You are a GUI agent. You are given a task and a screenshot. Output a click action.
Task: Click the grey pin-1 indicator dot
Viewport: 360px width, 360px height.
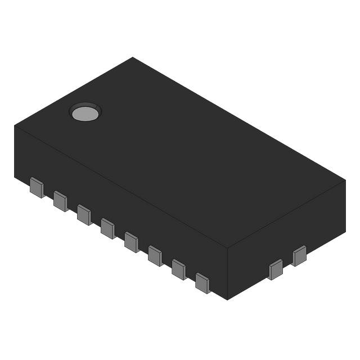[x=85, y=114]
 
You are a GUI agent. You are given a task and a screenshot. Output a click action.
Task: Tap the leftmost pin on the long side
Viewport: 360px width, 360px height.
[x=37, y=187]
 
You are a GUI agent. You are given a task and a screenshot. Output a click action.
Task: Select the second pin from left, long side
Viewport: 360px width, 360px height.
[x=60, y=201]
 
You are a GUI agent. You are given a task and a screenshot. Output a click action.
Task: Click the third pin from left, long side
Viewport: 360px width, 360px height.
[x=84, y=214]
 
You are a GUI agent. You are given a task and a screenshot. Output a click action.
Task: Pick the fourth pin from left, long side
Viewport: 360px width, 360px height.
[x=107, y=228]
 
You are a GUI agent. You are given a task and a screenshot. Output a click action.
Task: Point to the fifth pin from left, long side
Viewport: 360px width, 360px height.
[x=131, y=242]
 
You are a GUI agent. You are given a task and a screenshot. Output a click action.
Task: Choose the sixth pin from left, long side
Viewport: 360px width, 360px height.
[x=155, y=255]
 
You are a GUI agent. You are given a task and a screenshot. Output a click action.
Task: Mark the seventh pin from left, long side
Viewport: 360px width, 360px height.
[x=178, y=269]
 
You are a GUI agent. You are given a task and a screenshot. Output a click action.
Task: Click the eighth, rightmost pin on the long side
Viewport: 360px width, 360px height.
[x=202, y=282]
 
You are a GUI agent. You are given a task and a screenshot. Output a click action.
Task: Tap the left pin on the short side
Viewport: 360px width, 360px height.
[x=276, y=269]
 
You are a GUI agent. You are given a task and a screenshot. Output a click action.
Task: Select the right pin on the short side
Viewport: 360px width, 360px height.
[x=299, y=255]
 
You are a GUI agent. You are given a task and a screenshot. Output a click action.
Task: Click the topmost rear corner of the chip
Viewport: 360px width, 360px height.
[x=133, y=57]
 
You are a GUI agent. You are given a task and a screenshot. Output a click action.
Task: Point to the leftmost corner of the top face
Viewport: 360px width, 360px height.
[x=15, y=125]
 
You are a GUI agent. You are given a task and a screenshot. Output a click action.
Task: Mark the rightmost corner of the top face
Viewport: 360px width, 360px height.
[x=345, y=181]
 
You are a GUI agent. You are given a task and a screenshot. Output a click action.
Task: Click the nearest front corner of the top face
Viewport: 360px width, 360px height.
[x=227, y=249]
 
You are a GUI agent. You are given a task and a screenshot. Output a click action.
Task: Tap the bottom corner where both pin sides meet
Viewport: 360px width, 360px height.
[x=227, y=299]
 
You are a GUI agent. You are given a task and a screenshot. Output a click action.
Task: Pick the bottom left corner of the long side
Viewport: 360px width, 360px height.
[x=15, y=176]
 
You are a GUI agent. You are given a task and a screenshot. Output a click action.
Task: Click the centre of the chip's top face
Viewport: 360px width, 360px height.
[x=180, y=153]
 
